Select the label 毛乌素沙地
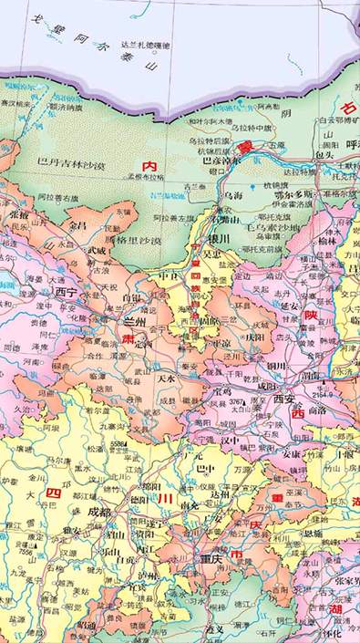(x=244, y=225)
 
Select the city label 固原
(x=210, y=321)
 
